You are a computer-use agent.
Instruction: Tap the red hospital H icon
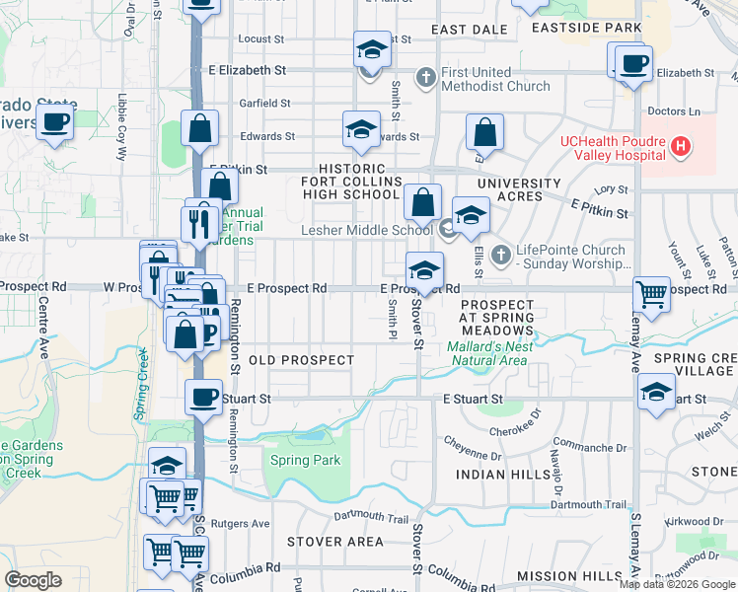679,147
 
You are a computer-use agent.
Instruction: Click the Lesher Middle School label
366,231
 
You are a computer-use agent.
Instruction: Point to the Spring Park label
306,460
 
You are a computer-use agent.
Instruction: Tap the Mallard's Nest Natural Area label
489,353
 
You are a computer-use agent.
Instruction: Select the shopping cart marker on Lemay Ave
651,292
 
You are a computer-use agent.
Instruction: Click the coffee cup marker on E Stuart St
203,397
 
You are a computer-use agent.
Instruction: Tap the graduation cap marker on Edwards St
361,129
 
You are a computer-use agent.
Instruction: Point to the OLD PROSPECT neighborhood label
301,360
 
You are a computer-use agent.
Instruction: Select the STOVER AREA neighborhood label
335,542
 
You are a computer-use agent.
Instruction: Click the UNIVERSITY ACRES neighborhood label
523,189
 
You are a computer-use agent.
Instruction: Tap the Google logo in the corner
33,579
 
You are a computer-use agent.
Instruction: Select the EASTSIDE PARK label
586,29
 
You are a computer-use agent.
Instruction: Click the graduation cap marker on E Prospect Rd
423,269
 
